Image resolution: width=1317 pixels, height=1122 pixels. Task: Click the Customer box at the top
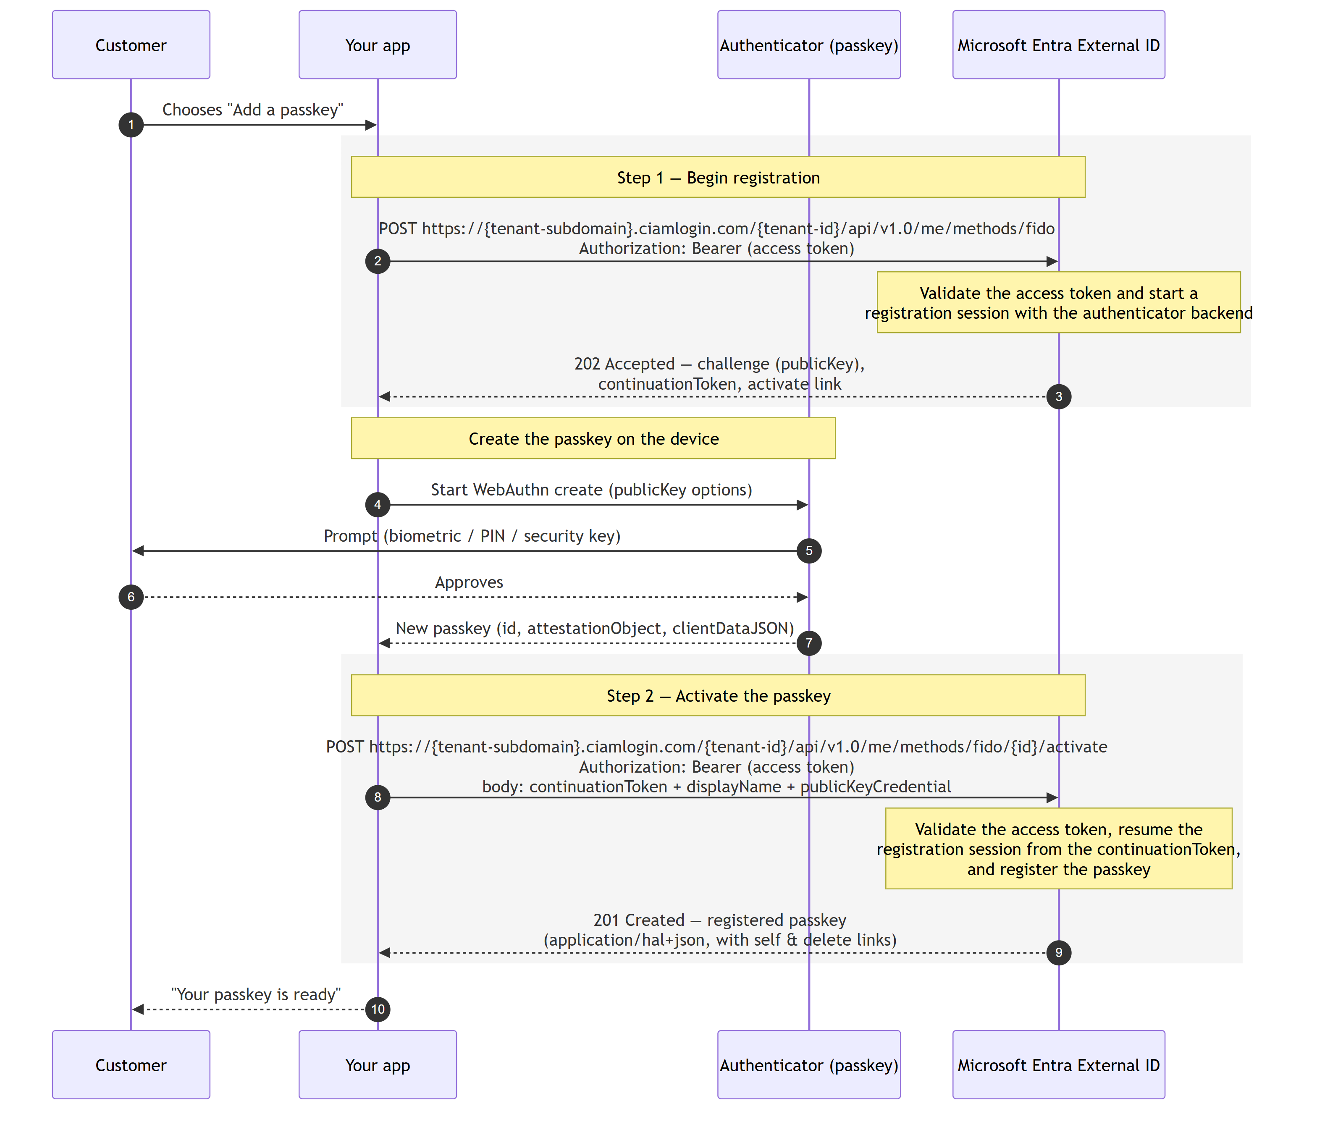(131, 45)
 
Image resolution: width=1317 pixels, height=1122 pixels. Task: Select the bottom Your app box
(378, 1065)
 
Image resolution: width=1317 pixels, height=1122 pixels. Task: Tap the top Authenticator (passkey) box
(809, 45)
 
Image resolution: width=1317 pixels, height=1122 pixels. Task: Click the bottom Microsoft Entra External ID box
(1059, 1065)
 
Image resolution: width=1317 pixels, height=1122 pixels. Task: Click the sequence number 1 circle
(131, 125)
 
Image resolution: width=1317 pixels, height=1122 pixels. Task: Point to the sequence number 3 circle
(1059, 397)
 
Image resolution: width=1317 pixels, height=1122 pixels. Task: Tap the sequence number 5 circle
(809, 551)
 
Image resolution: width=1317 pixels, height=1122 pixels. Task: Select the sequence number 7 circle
(809, 643)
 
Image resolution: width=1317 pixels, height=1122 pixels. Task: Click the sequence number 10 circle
(378, 1009)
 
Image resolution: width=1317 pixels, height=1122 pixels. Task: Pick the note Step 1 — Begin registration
(718, 177)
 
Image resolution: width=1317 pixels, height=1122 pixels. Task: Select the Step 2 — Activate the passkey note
(718, 695)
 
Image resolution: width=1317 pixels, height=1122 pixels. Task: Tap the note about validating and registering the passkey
(1059, 849)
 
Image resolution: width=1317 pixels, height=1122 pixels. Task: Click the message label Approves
(469, 582)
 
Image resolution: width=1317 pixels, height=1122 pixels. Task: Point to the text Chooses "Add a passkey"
(253, 110)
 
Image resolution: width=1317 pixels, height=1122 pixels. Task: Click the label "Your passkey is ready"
(256, 994)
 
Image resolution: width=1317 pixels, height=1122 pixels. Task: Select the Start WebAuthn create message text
(592, 490)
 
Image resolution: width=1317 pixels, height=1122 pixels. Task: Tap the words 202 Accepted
(624, 364)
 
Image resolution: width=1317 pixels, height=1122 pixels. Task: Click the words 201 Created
(639, 920)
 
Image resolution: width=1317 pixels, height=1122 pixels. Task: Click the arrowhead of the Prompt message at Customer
(137, 551)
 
